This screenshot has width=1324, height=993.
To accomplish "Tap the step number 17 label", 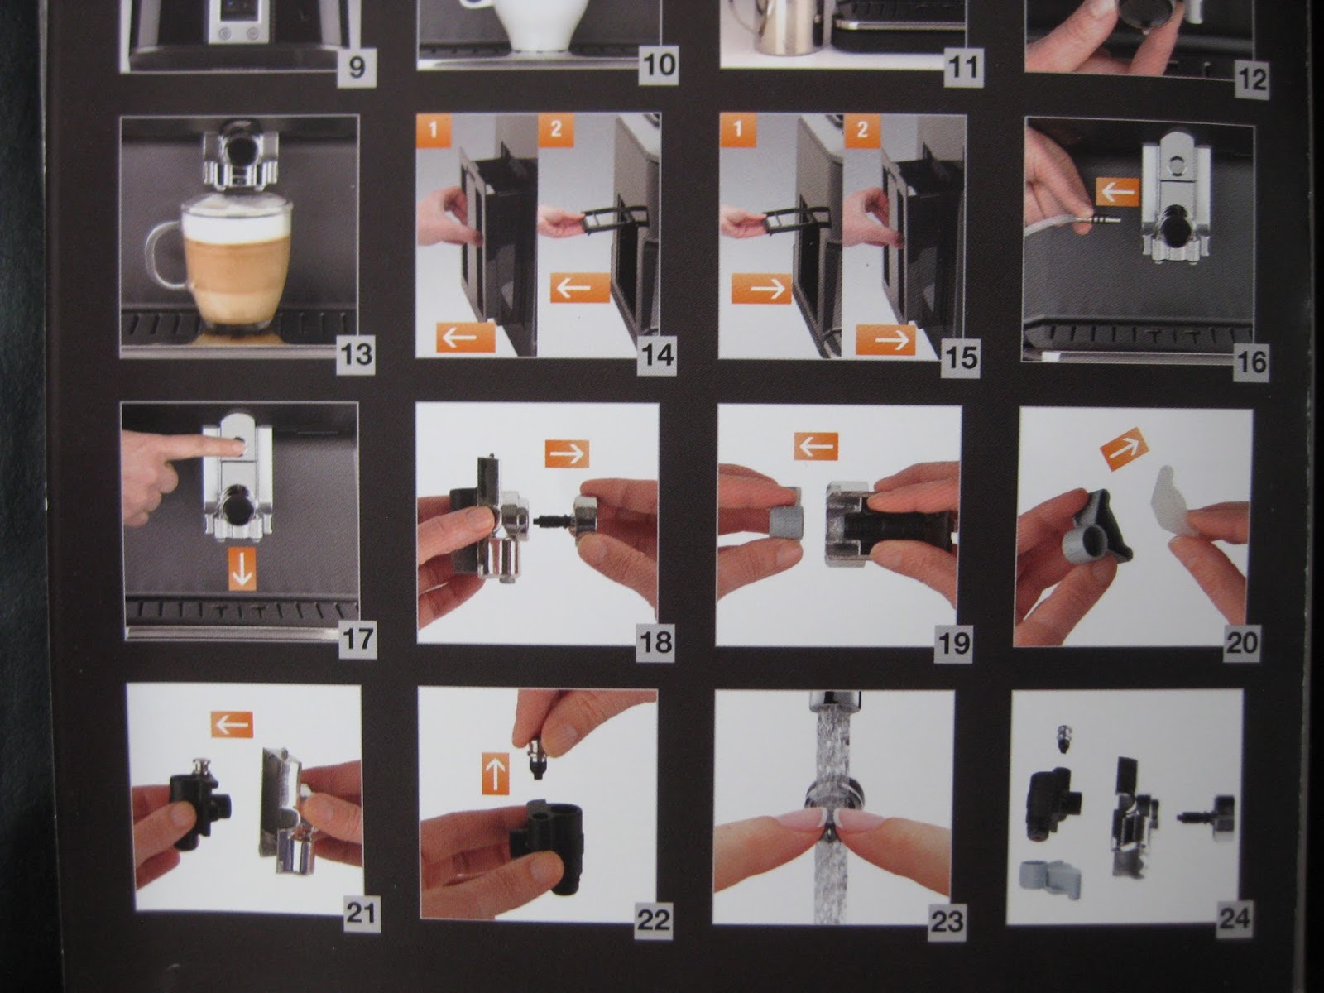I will tap(357, 640).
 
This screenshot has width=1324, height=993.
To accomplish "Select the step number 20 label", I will tap(1240, 642).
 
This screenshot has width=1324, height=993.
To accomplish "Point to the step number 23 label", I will tap(947, 921).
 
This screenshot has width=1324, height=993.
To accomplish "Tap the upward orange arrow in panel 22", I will tap(496, 775).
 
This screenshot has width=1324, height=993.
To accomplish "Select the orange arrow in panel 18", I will tap(567, 453).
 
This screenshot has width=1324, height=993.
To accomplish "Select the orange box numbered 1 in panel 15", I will tap(737, 131).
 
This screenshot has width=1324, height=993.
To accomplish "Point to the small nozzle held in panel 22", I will tap(537, 758).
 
